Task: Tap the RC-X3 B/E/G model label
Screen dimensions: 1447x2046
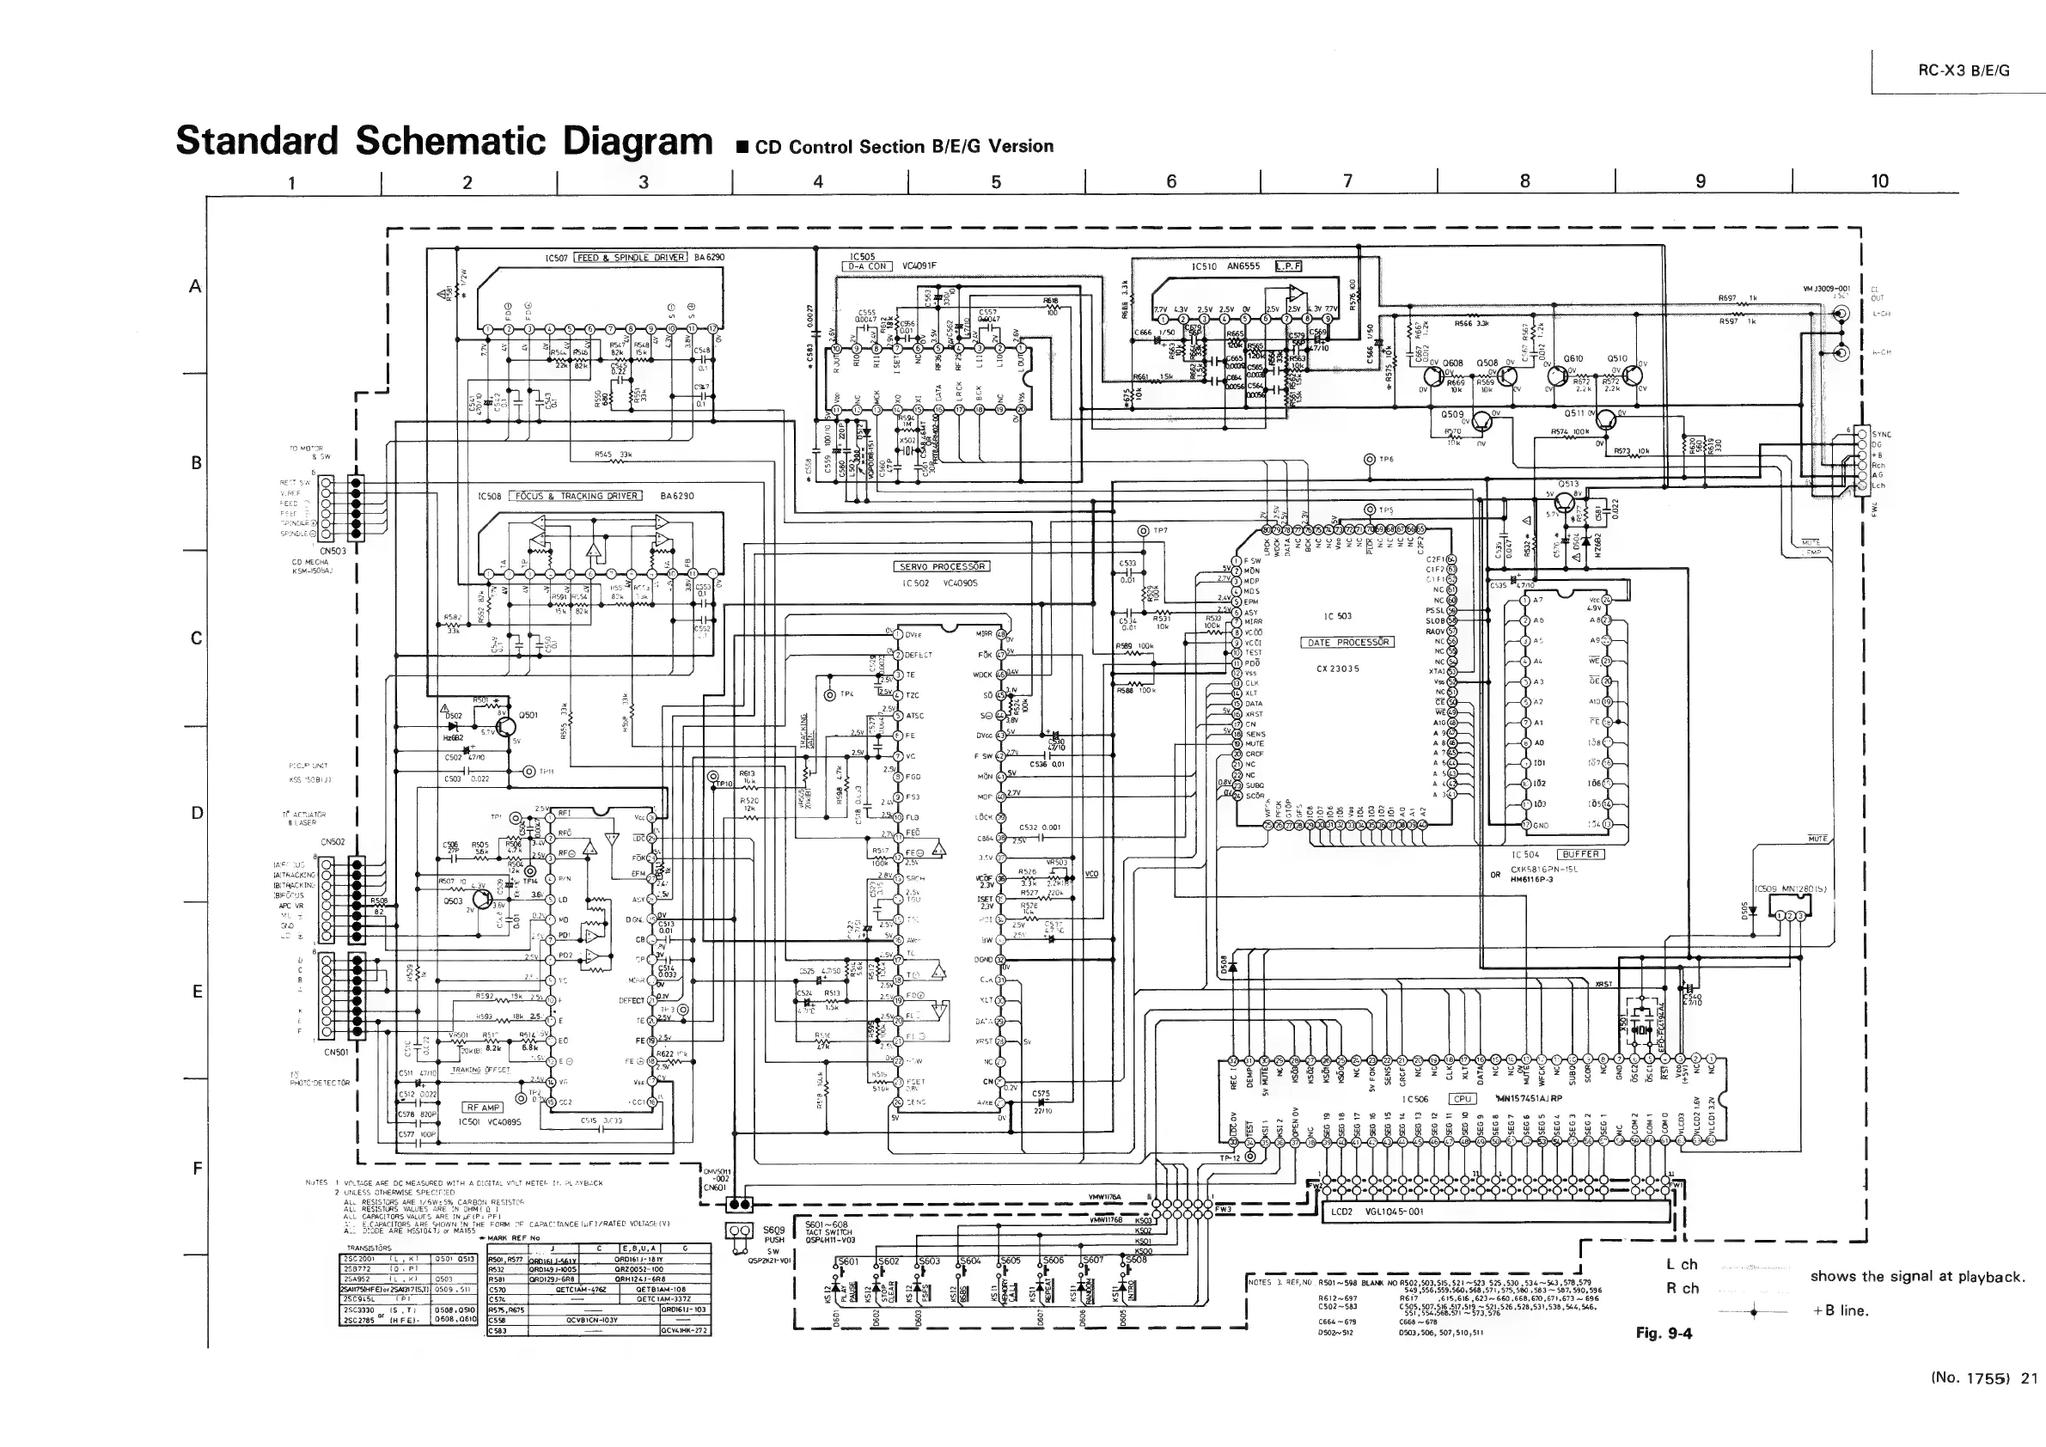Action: (1964, 71)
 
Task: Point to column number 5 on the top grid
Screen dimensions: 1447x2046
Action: (995, 182)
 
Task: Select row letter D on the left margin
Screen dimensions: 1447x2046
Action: (197, 813)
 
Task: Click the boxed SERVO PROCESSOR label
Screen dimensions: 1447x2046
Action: (941, 566)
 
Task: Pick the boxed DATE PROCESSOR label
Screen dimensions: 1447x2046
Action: (1347, 643)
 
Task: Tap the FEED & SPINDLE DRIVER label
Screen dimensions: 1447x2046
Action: (631, 258)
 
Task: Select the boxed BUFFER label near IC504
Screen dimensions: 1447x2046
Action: (1580, 854)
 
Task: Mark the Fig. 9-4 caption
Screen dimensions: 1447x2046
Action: (1663, 1333)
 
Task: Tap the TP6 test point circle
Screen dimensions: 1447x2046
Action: (1369, 460)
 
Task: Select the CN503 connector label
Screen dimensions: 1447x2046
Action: (333, 551)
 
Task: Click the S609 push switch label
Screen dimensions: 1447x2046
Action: (773, 1230)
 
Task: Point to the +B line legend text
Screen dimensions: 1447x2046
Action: (1839, 1310)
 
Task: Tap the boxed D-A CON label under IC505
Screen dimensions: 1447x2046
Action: (866, 266)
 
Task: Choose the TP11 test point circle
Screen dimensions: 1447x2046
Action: (529, 772)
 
